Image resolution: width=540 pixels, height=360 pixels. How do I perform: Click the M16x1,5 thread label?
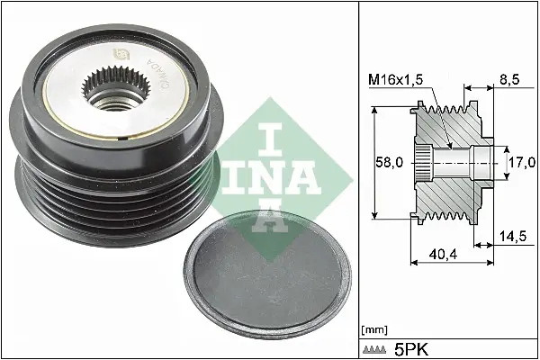coord(395,80)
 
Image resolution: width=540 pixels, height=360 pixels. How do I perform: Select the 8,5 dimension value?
coord(509,79)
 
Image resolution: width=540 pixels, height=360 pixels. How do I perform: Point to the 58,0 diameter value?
coord(389,162)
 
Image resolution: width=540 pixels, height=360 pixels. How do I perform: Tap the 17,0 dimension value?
coord(522,162)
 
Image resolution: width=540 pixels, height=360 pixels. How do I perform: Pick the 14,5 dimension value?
coord(513,237)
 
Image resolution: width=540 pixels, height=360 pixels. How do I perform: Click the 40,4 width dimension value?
coord(443,255)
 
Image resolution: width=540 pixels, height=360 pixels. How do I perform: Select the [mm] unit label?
coord(374,330)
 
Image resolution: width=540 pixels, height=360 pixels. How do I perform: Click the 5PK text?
coord(411,350)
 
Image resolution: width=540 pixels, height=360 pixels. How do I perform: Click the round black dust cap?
coord(267,274)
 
